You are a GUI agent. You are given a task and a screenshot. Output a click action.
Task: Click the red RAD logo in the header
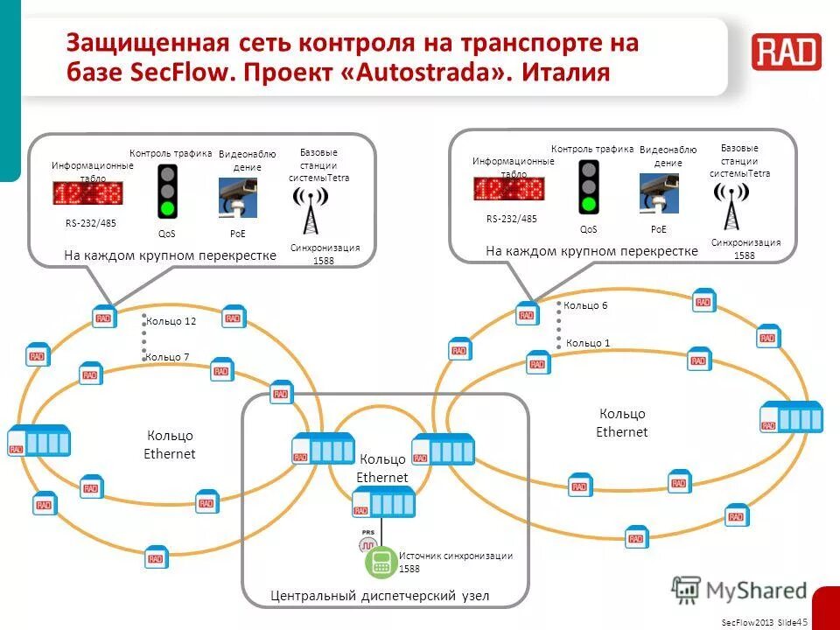pyautogui.click(x=786, y=52)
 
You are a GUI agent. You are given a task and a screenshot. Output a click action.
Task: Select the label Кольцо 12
pyautogui.click(x=171, y=321)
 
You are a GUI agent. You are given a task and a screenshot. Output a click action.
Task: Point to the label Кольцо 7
pyautogui.click(x=167, y=357)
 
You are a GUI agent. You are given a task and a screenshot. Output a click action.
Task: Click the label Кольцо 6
pyautogui.click(x=585, y=305)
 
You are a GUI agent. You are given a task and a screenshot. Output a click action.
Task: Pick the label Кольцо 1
pyautogui.click(x=588, y=343)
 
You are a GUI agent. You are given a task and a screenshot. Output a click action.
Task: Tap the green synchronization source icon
pyautogui.click(x=381, y=563)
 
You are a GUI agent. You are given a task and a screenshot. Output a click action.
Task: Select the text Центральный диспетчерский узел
pyautogui.click(x=380, y=596)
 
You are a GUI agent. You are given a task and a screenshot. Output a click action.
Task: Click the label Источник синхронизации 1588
pyautogui.click(x=455, y=562)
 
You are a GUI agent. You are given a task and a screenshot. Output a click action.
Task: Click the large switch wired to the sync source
pyautogui.click(x=383, y=504)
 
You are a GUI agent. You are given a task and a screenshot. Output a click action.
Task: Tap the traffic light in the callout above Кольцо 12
pyautogui.click(x=167, y=191)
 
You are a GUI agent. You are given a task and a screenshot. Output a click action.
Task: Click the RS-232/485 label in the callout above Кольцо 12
pyautogui.click(x=91, y=223)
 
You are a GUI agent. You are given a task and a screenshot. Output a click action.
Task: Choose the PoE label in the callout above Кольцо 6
pyautogui.click(x=658, y=229)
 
